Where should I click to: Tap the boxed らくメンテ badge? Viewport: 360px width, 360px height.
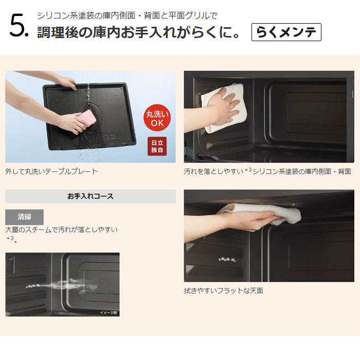(x=286, y=32)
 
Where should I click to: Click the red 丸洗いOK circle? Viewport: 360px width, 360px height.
(x=157, y=118)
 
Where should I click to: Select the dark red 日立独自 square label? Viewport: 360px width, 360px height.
(x=157, y=146)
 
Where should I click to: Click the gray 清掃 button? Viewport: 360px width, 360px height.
(x=24, y=217)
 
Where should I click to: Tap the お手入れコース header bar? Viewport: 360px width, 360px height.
(x=91, y=196)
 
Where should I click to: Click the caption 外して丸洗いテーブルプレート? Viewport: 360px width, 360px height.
(x=51, y=171)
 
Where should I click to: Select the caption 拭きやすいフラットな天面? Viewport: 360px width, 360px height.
(x=223, y=291)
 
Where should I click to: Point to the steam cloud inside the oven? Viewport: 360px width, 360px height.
(x=69, y=285)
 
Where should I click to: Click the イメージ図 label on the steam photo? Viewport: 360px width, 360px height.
(x=108, y=313)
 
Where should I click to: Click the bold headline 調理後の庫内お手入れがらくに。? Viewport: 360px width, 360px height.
(x=138, y=32)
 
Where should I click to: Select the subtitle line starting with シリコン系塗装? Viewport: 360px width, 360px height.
(x=127, y=15)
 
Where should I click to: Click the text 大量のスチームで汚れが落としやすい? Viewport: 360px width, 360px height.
(x=61, y=229)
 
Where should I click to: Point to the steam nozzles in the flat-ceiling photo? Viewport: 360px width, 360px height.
(x=227, y=260)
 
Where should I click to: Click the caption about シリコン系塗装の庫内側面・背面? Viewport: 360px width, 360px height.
(x=267, y=171)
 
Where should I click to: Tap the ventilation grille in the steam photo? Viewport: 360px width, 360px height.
(x=10, y=265)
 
